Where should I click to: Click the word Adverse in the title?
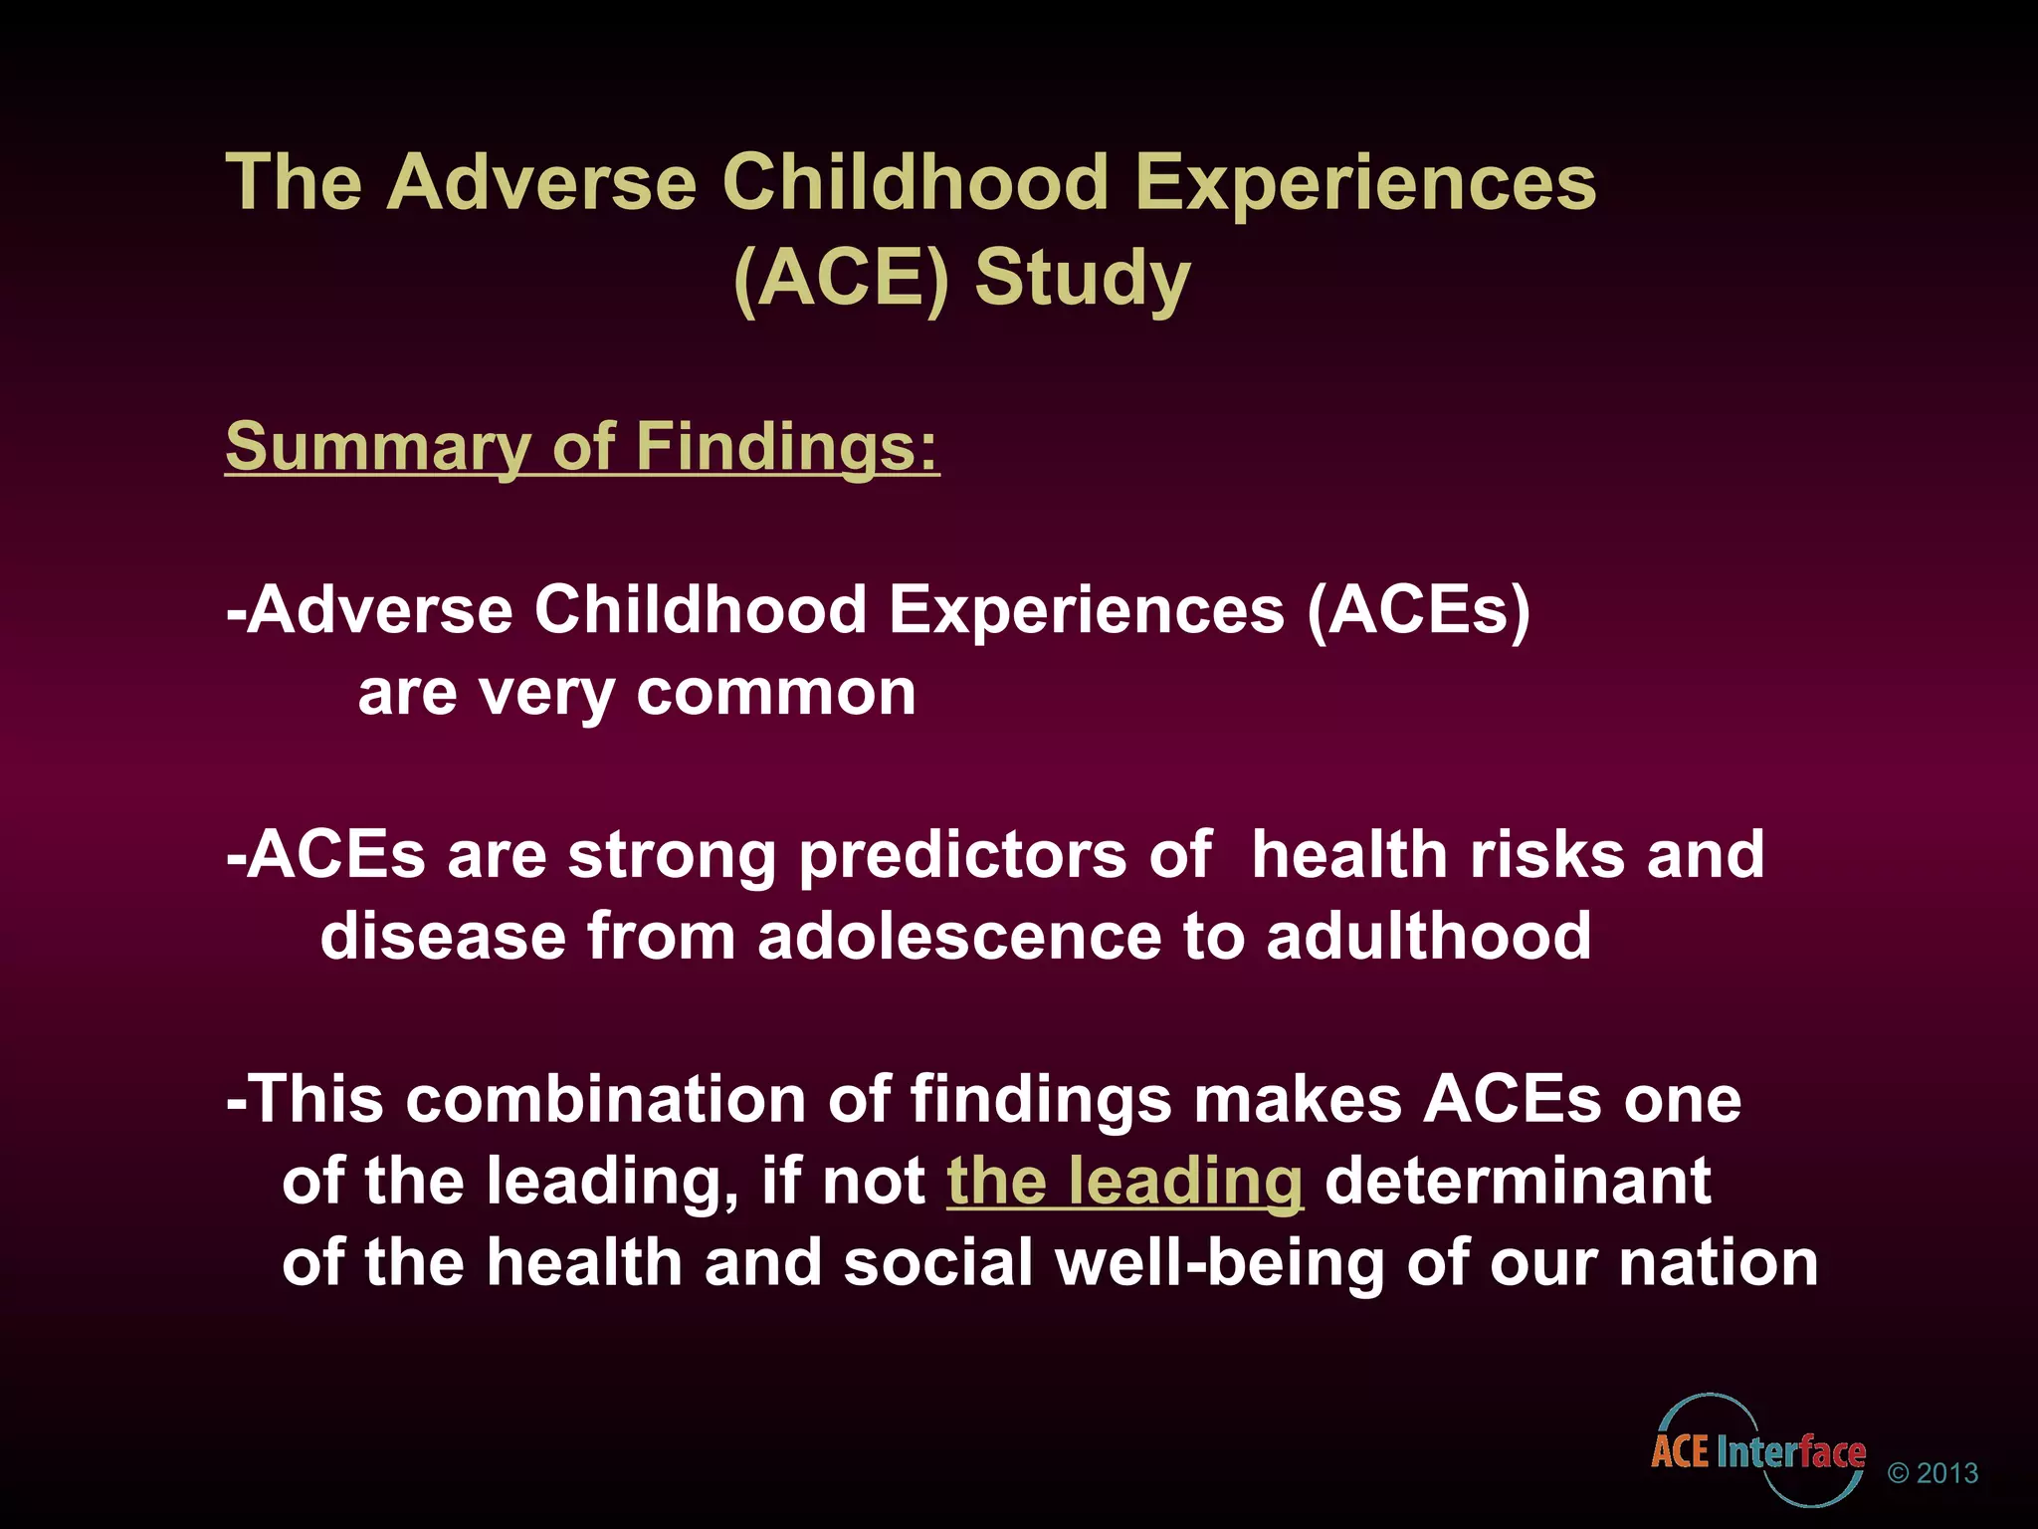[541, 183]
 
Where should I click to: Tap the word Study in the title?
[1082, 279]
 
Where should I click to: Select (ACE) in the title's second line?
[841, 279]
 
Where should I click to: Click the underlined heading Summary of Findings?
[582, 447]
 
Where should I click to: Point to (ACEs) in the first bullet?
[1418, 609]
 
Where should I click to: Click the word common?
[775, 693]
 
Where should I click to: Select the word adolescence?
[957, 937]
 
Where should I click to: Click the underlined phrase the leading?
[1123, 1182]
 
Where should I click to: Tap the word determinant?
[1518, 1182]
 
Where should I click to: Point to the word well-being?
[1219, 1263]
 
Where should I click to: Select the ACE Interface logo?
[1757, 1451]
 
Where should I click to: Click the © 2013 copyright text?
[1933, 1473]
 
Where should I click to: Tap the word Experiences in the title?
[1364, 183]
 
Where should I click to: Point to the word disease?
[443, 937]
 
